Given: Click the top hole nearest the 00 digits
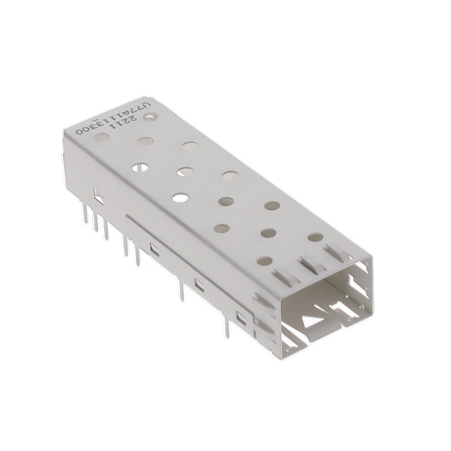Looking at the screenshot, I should (x=101, y=137).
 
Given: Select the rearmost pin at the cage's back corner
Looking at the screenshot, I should (x=85, y=214).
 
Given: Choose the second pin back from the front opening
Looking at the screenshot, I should (x=181, y=289).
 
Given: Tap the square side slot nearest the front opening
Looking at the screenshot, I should (x=241, y=319).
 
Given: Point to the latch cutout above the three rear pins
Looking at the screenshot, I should (x=98, y=198).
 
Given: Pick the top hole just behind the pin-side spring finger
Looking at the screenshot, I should (x=264, y=261).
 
